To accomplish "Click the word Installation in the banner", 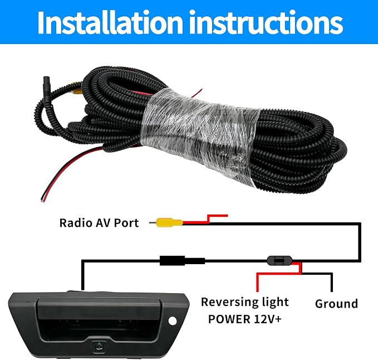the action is coord(110,22).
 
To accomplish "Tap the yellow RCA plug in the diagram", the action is coord(169,222).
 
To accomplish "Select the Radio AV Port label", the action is coord(99,223).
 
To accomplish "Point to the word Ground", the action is coord(336,304).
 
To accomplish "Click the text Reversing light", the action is coord(245,302).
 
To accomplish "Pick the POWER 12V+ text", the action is coord(245,319).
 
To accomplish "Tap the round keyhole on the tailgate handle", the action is coord(173,320).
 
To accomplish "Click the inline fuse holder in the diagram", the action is coord(279,261).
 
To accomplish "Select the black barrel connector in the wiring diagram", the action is coord(182,261).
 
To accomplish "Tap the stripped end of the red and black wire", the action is coord(43,200).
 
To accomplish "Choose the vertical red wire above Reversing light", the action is coord(257,283).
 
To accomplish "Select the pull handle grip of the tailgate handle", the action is coord(99,308).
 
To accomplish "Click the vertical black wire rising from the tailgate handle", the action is coord(83,275).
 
